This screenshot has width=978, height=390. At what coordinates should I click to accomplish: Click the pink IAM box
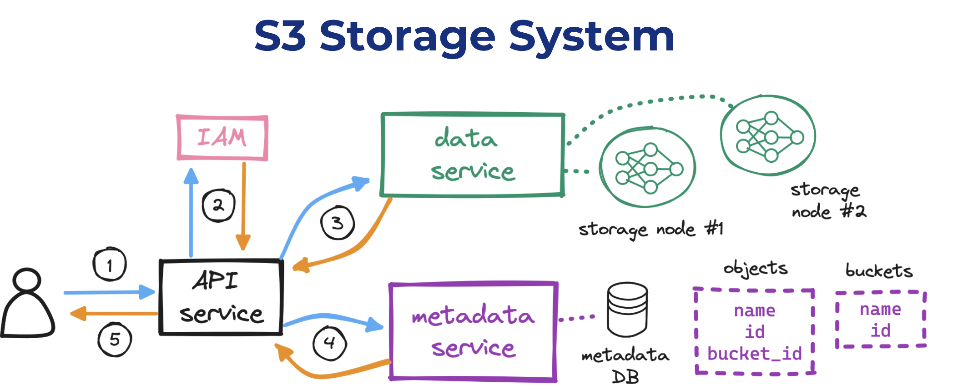point(222,138)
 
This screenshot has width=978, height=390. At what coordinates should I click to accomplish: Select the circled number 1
point(110,265)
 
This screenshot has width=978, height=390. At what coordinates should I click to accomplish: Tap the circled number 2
point(218,205)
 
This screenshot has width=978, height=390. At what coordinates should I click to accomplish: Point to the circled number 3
point(338,223)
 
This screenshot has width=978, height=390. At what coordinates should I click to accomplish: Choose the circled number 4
point(330,343)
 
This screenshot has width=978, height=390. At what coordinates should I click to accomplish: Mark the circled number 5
point(115,340)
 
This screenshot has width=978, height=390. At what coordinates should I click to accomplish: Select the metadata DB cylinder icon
point(627,310)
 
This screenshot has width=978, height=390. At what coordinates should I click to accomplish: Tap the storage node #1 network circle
point(647,168)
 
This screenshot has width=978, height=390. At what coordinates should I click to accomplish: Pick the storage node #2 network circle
point(768,135)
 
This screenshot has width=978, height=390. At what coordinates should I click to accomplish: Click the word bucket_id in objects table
point(755,354)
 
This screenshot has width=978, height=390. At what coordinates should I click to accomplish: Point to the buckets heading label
point(879,271)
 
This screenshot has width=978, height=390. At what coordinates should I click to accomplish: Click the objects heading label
point(756,268)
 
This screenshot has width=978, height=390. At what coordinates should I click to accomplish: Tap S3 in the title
point(280,36)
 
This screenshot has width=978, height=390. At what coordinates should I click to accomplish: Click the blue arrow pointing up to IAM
point(191,214)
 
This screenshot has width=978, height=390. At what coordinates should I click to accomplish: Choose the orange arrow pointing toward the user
point(114,314)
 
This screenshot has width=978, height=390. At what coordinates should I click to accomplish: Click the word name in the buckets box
point(880,310)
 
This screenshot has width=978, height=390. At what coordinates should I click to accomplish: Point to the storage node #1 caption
point(650,230)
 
